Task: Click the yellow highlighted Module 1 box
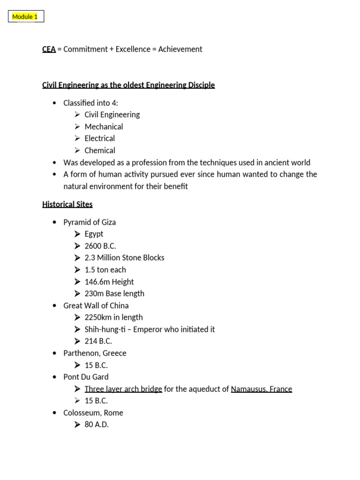25,17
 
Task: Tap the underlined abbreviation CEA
49,49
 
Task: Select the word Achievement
180,49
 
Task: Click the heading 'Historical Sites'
67,204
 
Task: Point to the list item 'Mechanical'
104,127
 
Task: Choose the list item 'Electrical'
99,138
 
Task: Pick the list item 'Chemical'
100,150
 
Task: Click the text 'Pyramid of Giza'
90,222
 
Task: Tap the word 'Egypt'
94,234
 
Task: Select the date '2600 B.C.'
100,246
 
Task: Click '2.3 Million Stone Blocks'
124,257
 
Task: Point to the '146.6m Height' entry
109,282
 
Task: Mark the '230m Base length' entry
114,293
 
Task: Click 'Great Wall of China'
96,306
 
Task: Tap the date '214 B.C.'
98,341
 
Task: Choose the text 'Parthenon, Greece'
95,353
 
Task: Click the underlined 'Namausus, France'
262,389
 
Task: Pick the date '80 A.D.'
97,425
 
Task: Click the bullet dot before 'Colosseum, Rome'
55,413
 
